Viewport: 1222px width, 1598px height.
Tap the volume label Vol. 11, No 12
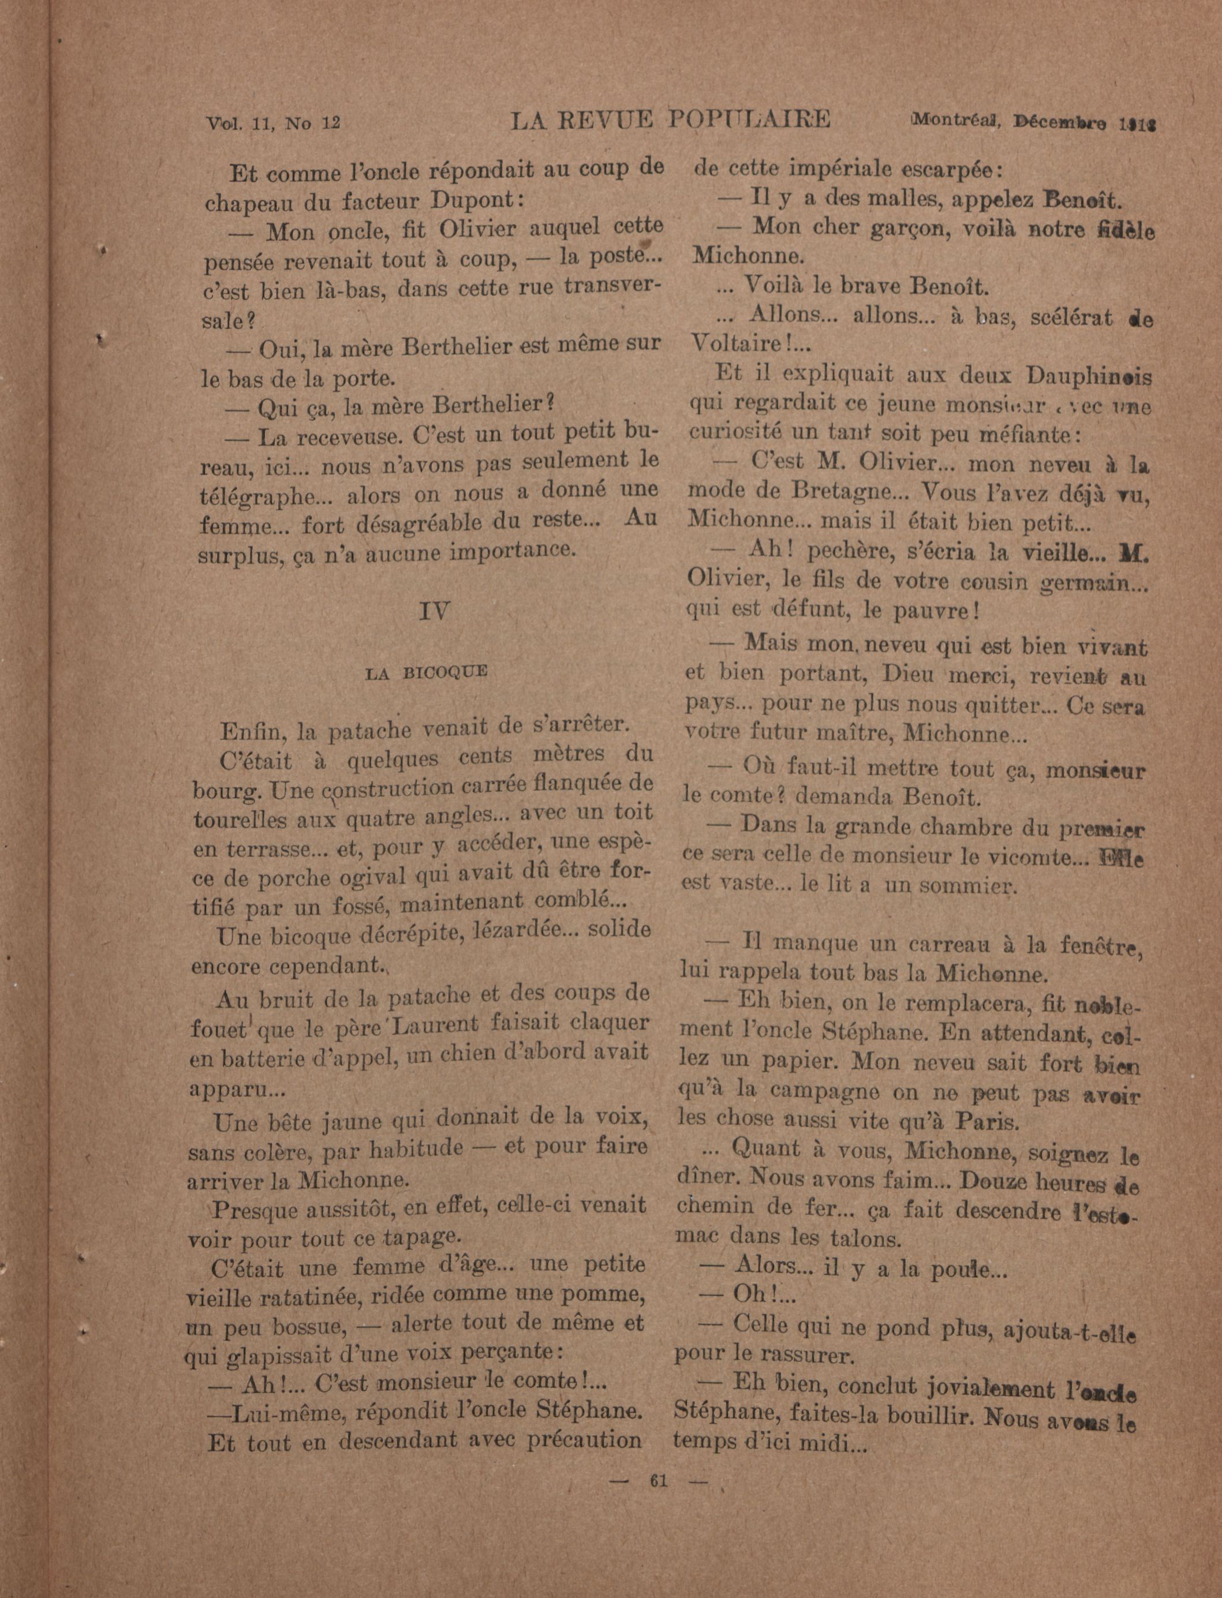coord(274,123)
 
